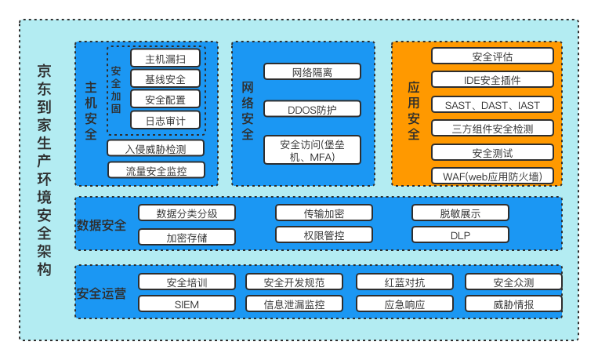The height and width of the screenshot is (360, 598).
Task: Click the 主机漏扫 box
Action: [165, 58]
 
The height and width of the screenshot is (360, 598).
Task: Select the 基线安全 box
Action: [165, 78]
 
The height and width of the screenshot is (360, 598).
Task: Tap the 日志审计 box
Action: [165, 120]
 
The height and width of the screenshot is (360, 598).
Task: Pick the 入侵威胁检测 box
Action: [156, 148]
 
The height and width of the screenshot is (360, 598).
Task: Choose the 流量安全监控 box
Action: [156, 169]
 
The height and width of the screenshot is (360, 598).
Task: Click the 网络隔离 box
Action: [312, 72]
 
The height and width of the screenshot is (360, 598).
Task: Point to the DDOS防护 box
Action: [312, 109]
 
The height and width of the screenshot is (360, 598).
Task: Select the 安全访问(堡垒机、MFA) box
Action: [312, 150]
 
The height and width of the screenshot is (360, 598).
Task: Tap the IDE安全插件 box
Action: [492, 79]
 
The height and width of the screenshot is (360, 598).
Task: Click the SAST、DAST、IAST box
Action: [492, 104]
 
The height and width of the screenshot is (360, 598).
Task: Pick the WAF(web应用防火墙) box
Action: [492, 176]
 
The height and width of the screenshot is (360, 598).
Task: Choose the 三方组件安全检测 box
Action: [492, 128]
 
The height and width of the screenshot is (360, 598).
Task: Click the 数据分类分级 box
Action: [187, 213]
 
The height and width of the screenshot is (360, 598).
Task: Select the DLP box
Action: [460, 235]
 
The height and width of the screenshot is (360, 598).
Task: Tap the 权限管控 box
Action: [324, 235]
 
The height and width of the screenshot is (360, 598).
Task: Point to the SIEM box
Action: [187, 304]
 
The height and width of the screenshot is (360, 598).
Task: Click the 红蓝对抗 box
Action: [404, 282]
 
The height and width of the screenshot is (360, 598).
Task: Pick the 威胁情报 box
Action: [513, 304]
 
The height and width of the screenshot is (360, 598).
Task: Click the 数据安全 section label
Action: [101, 225]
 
